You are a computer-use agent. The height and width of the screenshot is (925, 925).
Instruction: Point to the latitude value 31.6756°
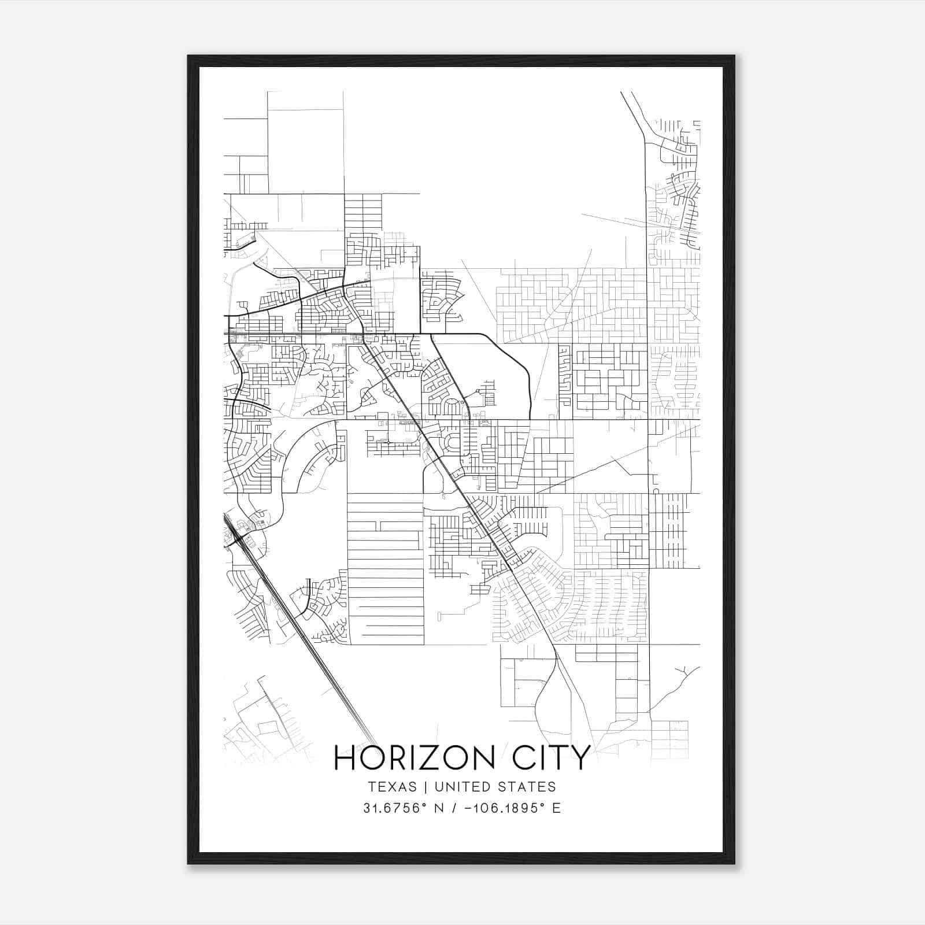point(393,808)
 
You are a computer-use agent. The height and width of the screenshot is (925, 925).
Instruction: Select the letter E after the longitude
point(556,808)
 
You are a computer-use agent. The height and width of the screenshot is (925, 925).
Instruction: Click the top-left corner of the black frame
point(189,57)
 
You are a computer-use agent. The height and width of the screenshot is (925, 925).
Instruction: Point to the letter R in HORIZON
point(398,758)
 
